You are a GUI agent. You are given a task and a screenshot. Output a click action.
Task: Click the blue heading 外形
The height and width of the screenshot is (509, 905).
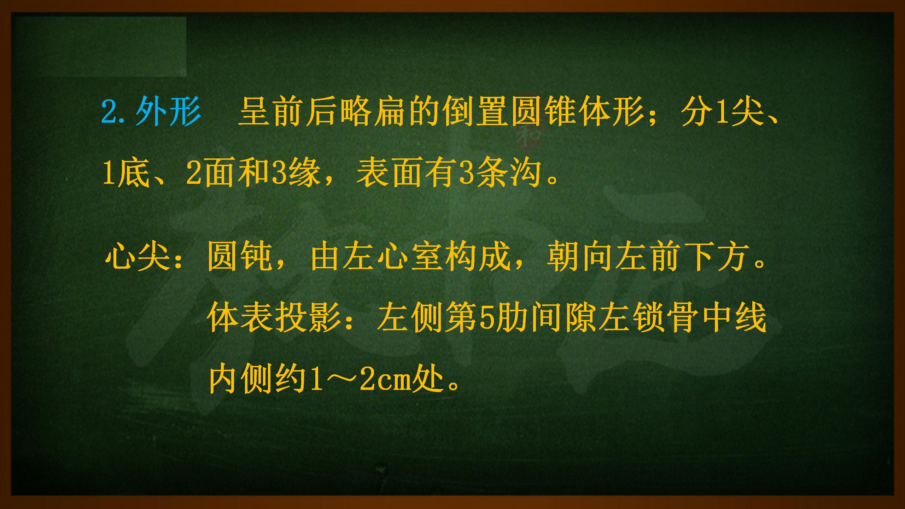pos(168,112)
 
